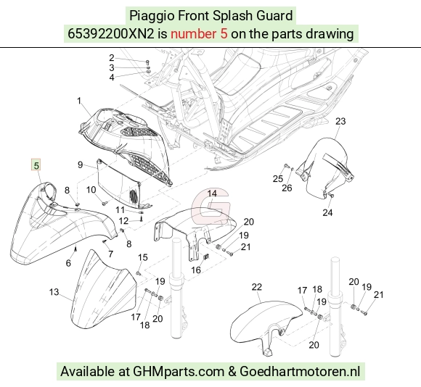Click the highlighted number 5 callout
click(36, 165)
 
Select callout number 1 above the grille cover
click(79, 101)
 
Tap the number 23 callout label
click(340, 121)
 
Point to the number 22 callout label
click(257, 287)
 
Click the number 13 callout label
click(54, 292)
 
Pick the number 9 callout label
click(80, 165)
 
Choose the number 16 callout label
click(196, 270)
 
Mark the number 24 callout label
click(327, 213)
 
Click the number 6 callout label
click(68, 263)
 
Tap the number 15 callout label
click(143, 257)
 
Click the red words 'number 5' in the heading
click(199, 34)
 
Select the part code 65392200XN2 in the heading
click(111, 34)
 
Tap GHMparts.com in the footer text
click(179, 372)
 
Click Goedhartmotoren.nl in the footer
click(300, 372)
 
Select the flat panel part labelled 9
click(118, 182)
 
